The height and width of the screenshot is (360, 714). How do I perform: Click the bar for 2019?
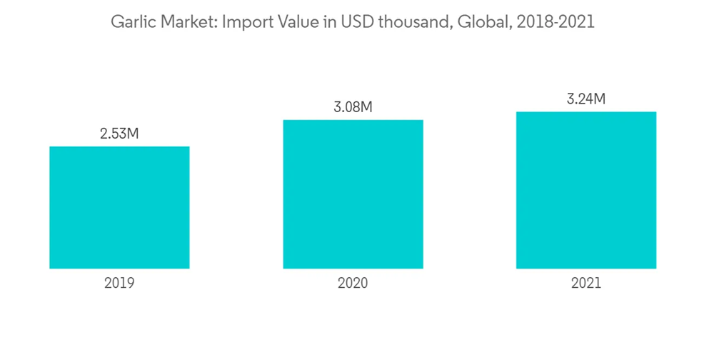119,207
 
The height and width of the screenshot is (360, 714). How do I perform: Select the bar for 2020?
353,194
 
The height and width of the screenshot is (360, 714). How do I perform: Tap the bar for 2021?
586,190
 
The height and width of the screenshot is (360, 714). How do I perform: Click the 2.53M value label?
119,134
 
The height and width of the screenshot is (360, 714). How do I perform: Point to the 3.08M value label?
353,107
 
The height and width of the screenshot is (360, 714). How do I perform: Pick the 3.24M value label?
586,99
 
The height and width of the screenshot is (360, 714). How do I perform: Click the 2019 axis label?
119,283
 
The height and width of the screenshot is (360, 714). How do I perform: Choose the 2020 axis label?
353,283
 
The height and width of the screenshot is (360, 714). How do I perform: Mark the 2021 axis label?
586,283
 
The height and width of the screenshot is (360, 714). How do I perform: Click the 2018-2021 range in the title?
554,22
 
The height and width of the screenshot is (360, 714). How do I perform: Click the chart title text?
353,22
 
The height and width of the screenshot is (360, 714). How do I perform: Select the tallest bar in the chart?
586,190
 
